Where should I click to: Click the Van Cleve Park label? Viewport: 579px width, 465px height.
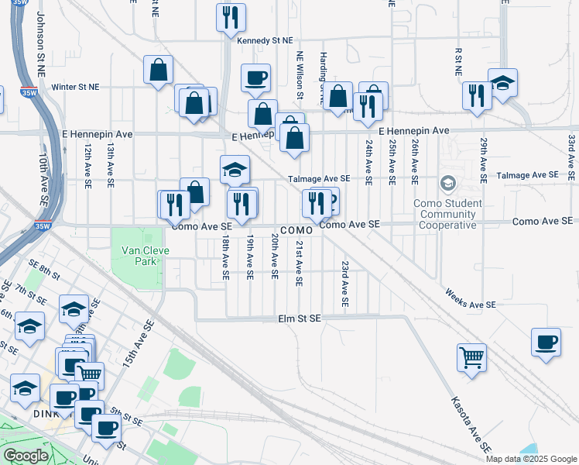139,255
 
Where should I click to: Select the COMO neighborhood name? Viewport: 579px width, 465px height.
296,231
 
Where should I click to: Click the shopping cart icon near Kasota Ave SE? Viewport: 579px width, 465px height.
471,358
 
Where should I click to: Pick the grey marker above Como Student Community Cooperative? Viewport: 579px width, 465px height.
447,184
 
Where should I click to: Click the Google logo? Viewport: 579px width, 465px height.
26,456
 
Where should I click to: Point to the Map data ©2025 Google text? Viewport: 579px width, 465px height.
531,459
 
